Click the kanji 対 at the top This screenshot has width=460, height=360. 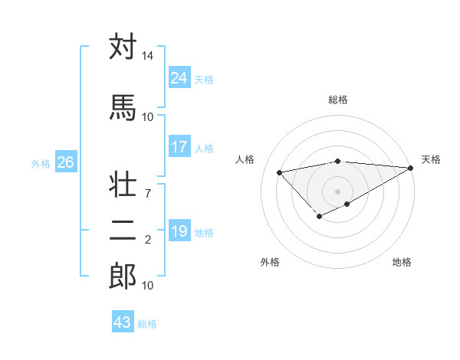click(123, 47)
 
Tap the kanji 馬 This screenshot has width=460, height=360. click(123, 107)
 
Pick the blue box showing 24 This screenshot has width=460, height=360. click(179, 77)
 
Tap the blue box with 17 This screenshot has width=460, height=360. click(179, 147)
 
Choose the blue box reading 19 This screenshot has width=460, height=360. click(179, 231)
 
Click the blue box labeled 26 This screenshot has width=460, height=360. click(66, 162)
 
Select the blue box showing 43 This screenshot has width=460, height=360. click(123, 322)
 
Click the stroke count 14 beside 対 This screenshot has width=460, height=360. click(147, 57)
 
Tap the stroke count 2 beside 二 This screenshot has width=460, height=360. click(147, 240)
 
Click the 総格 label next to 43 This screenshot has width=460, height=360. click(147, 324)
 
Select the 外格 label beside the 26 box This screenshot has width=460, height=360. click(41, 163)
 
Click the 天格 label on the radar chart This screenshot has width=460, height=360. click(431, 159)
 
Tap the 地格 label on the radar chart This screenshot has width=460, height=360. click(402, 262)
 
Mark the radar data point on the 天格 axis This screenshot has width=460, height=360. click(411, 168)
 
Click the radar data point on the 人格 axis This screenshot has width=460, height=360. click(280, 172)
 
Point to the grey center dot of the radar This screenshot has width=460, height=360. click(337, 191)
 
